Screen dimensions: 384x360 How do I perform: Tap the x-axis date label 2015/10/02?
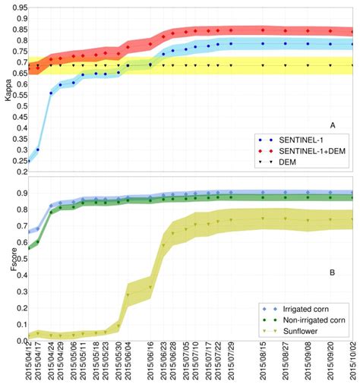pos(353,361)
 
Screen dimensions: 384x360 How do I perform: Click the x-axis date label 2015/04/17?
pos(38,361)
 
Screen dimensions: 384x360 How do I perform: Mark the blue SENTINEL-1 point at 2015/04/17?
pos(38,150)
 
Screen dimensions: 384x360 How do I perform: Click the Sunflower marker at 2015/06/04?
pos(128,294)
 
